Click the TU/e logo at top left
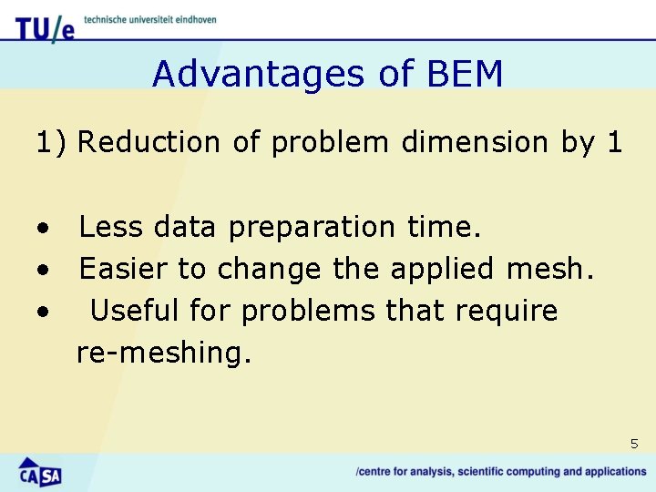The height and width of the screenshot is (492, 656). click(45, 27)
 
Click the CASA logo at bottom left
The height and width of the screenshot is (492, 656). click(39, 471)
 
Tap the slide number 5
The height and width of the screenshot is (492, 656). click(634, 444)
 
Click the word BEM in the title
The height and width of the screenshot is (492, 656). click(464, 74)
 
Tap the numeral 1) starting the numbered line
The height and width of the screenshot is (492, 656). click(51, 142)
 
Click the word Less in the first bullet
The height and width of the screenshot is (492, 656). click(111, 227)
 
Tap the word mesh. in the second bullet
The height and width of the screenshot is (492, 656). click(560, 269)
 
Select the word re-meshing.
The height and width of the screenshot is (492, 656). click(163, 354)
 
